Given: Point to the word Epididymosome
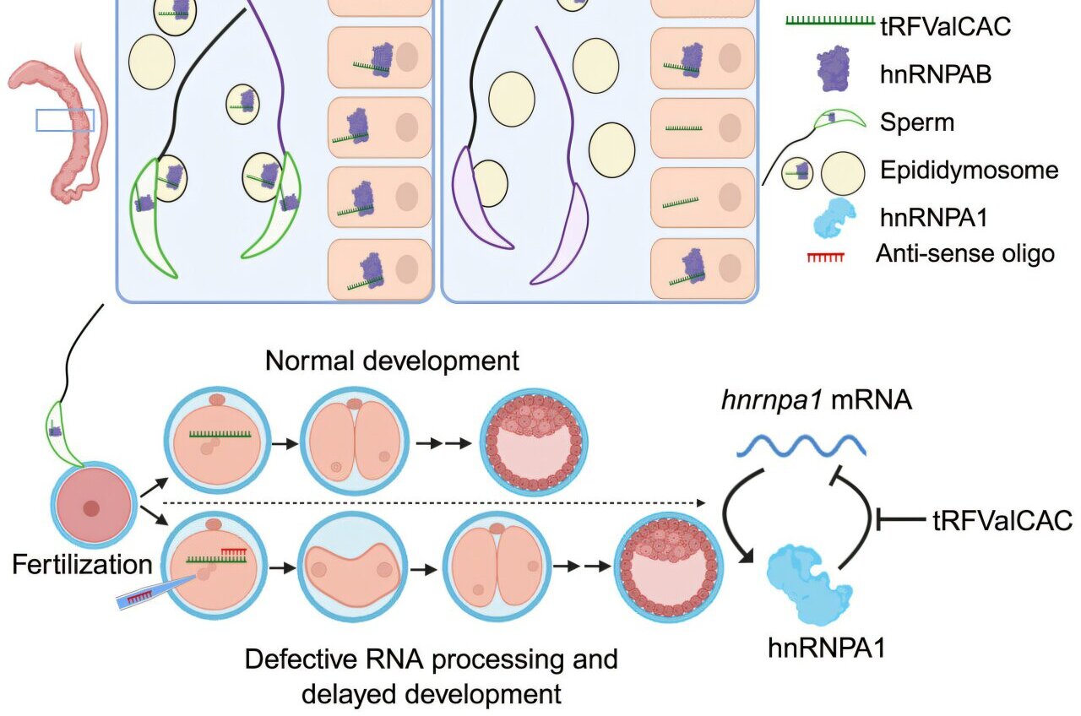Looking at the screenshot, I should click(969, 171).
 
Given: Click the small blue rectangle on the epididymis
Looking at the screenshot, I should click(64, 121).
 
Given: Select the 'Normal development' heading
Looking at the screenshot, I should click(392, 361).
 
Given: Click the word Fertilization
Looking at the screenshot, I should click(83, 564).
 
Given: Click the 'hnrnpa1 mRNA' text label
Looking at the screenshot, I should click(816, 401).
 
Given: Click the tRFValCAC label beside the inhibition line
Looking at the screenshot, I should click(1002, 521).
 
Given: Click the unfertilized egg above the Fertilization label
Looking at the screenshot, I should click(92, 508).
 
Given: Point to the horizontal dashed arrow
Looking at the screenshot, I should click(431, 503).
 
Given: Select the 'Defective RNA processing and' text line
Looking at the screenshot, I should click(431, 659).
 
